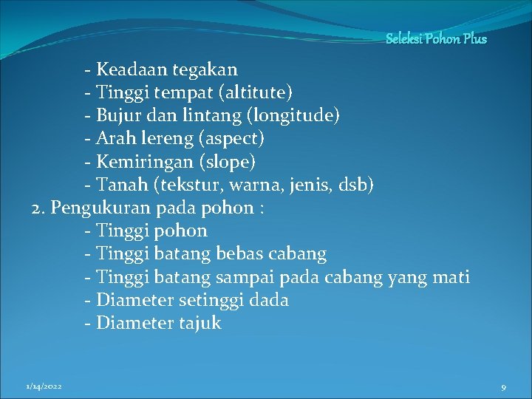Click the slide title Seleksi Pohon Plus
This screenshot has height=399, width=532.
coord(436,38)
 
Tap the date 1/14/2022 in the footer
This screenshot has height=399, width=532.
coord(44,386)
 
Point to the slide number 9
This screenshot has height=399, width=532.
coord(503,387)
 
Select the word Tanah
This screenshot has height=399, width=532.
coord(120,185)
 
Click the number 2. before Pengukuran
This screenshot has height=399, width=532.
coord(39,208)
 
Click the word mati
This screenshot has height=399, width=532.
coord(451,277)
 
